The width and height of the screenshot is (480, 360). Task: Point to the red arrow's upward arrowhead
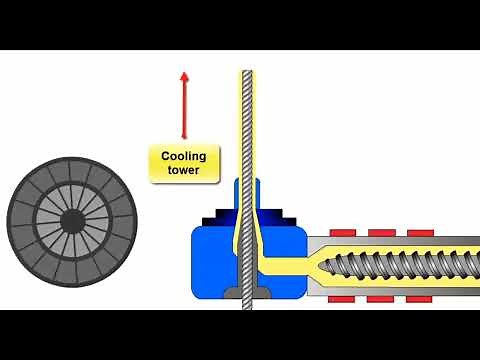[x=183, y=76]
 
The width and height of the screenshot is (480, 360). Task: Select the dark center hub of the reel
[x=72, y=219]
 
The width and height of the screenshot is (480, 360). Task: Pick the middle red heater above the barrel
[x=380, y=233]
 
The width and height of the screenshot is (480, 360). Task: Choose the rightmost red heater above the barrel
[x=422, y=233]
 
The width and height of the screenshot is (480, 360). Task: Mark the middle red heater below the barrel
[x=380, y=298]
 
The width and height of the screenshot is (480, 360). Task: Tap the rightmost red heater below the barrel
[x=422, y=298]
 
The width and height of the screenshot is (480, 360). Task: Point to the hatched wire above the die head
[x=245, y=120]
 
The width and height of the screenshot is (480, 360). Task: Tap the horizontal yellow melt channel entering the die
[x=285, y=265]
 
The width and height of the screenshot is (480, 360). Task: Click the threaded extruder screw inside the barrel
[x=390, y=265]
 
